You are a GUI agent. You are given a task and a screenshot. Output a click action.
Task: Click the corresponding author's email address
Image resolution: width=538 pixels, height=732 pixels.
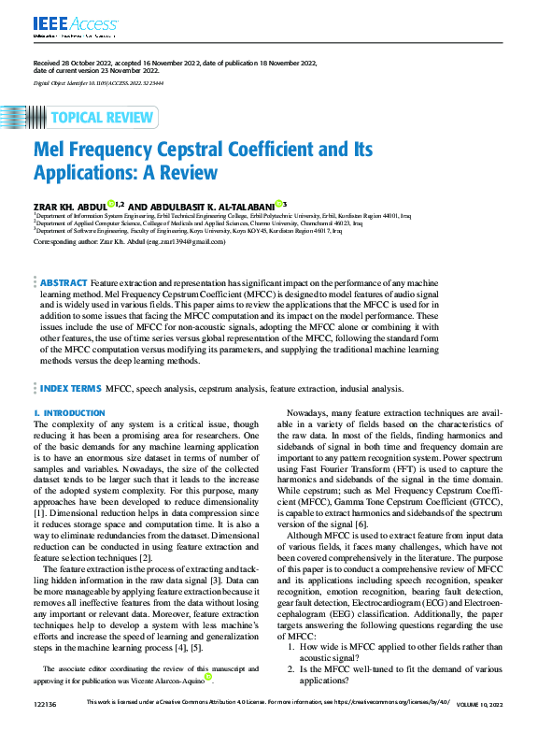tap(185, 242)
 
